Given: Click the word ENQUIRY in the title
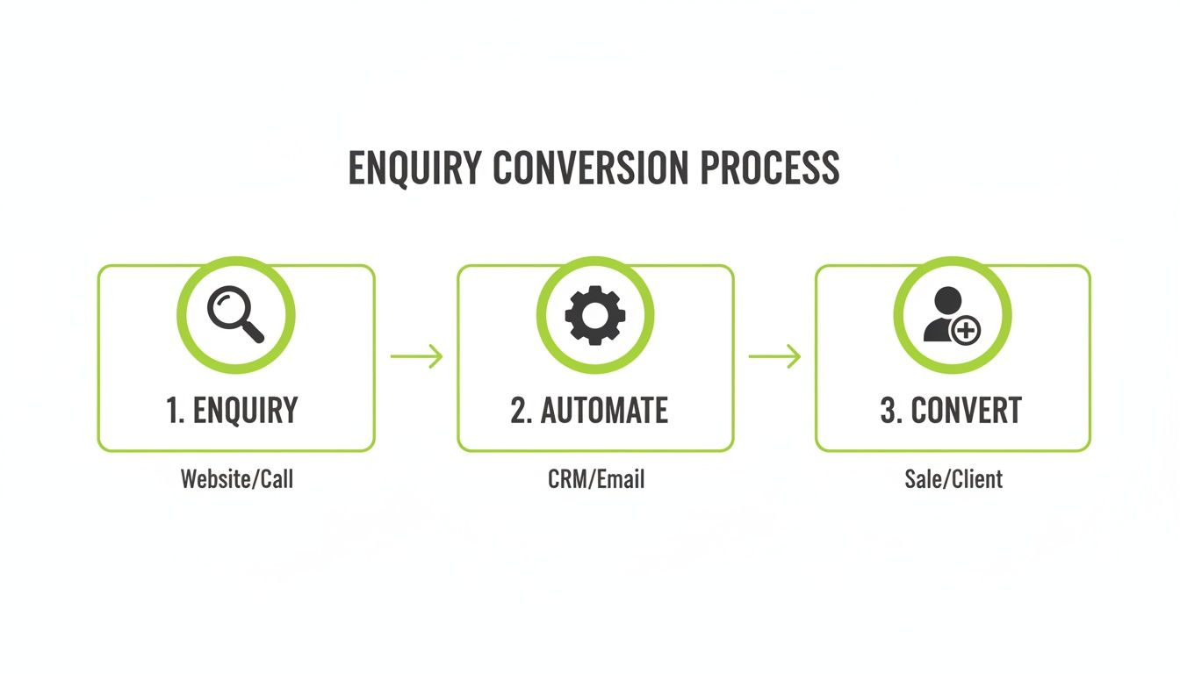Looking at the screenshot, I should (x=415, y=168).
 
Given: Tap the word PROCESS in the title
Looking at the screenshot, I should (x=770, y=168).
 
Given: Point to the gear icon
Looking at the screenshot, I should (x=595, y=315).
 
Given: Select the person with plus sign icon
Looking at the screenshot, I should (x=952, y=315).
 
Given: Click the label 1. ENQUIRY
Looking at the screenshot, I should (x=233, y=411).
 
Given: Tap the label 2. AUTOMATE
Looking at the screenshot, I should (x=589, y=411).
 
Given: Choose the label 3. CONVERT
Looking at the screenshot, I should (x=951, y=411).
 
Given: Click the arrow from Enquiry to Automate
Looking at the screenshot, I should (x=417, y=356).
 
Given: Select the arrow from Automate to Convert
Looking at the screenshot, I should (x=774, y=356).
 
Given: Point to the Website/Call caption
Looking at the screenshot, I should (x=237, y=479).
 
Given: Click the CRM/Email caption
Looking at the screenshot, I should (x=596, y=479).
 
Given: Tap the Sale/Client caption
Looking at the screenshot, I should (x=953, y=479).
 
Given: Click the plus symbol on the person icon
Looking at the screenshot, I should (x=966, y=331).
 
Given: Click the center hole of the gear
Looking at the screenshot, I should (x=595, y=315).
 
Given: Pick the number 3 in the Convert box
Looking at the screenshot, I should (x=889, y=411).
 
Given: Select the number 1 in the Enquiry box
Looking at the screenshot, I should (x=173, y=411).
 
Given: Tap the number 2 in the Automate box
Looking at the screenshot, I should (x=519, y=411).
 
